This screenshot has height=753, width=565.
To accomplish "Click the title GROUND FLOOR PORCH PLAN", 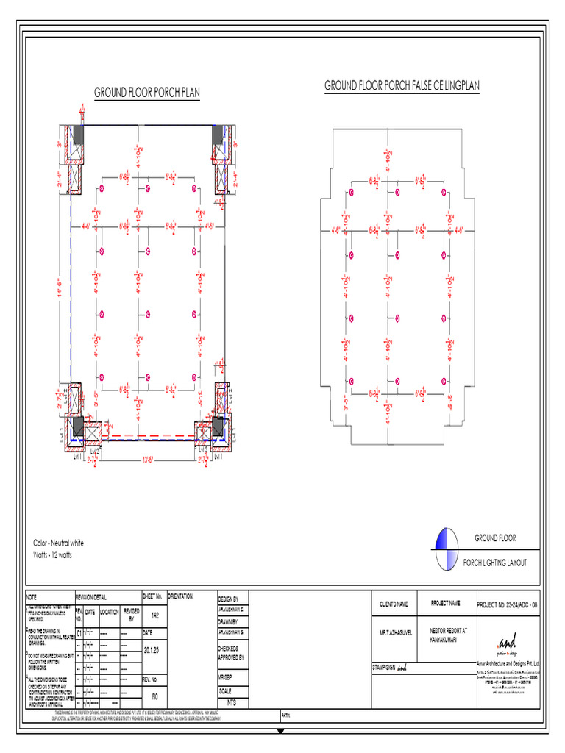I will tap(147, 93).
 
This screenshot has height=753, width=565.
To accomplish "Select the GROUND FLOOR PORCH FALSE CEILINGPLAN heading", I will tap(402, 86).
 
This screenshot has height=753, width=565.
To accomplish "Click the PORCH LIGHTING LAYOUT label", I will tap(494, 563).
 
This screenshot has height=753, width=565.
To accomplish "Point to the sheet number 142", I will tap(154, 616).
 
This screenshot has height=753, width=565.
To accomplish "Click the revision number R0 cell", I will tap(154, 695).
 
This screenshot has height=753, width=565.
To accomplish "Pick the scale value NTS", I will tap(232, 703).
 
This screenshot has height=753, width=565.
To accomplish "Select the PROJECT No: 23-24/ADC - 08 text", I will tap(508, 604).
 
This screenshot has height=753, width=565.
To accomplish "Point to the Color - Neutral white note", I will tap(59, 543).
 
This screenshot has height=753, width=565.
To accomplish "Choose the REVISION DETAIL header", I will tap(95, 596).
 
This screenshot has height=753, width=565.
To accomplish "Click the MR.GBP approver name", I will tap(225, 675).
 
